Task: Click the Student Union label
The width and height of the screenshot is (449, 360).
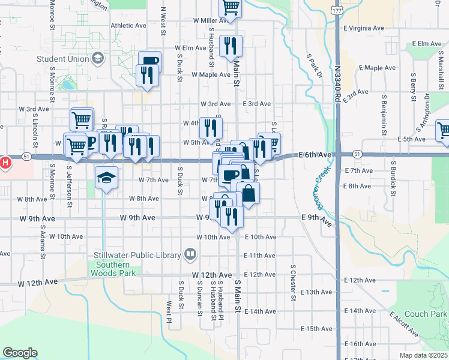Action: tap(62, 59)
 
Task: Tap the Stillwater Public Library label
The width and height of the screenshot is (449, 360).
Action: tap(137, 255)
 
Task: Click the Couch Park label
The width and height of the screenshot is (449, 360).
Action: tap(426, 314)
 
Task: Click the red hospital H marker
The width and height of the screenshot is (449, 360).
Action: tap(5, 162)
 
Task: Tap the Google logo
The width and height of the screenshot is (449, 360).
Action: tap(20, 353)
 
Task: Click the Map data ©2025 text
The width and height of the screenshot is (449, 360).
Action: tap(423, 355)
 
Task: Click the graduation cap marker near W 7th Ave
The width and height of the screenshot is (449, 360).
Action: tap(107, 178)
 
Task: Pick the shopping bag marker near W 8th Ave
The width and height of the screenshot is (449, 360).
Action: tap(247, 194)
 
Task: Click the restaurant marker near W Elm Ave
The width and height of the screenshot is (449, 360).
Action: tap(231, 46)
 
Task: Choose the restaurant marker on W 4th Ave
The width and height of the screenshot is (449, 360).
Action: tap(211, 128)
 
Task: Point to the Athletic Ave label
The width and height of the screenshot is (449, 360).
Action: tap(128, 26)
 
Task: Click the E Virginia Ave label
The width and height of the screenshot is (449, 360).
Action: tap(364, 28)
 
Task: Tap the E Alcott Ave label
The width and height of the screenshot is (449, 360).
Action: tap(404, 324)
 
